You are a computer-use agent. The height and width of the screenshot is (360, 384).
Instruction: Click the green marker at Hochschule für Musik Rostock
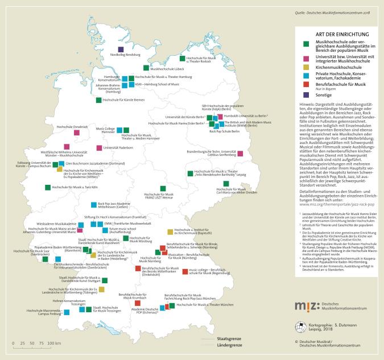point(182,58)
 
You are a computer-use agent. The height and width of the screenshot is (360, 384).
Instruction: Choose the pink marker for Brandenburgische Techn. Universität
point(240,154)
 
